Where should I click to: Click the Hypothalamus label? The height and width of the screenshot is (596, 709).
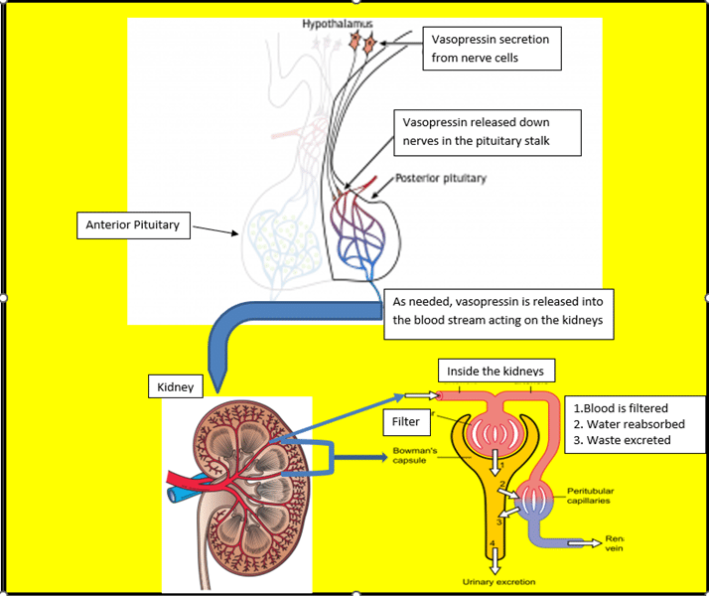click(x=331, y=23)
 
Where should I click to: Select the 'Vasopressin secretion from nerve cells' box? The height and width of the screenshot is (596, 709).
click(x=490, y=48)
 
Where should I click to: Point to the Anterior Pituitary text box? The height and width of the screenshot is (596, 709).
click(x=132, y=225)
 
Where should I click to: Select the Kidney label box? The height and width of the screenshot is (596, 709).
click(x=177, y=385)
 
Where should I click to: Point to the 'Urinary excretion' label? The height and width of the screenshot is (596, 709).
click(x=498, y=581)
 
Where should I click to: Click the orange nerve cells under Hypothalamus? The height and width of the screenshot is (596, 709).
click(x=361, y=42)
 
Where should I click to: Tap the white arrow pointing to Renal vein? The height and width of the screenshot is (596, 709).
click(x=586, y=541)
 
